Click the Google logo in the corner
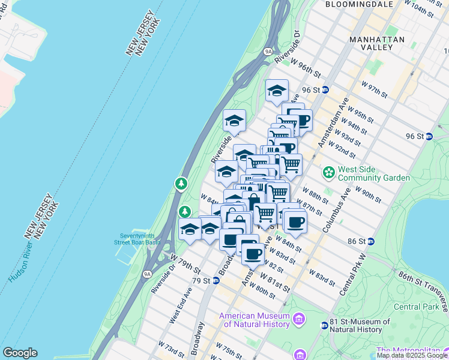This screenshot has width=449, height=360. click(x=20, y=353)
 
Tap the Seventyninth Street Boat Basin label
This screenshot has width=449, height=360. click(x=137, y=239)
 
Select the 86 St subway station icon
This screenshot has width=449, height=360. click(x=370, y=241)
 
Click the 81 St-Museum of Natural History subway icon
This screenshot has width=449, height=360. click(x=325, y=325)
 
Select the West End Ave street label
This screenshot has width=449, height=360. click(x=180, y=305)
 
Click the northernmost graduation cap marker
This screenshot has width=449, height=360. click(x=276, y=91)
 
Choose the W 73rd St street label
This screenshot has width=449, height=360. click(x=170, y=349)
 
